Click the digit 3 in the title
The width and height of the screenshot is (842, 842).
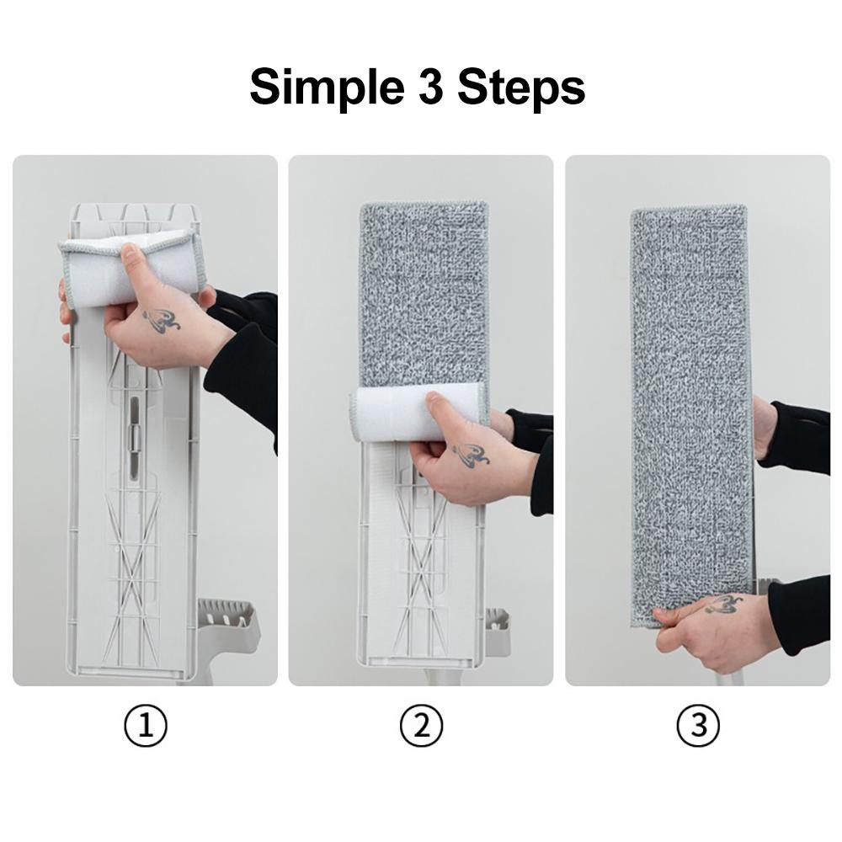(430, 86)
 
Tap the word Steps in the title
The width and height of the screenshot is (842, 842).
(521, 87)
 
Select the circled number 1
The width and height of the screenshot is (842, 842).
(146, 726)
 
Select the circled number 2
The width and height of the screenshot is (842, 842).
(422, 726)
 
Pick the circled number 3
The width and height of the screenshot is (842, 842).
(698, 726)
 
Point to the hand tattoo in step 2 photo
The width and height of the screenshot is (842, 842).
(471, 455)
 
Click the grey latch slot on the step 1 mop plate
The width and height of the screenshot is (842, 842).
(133, 435)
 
